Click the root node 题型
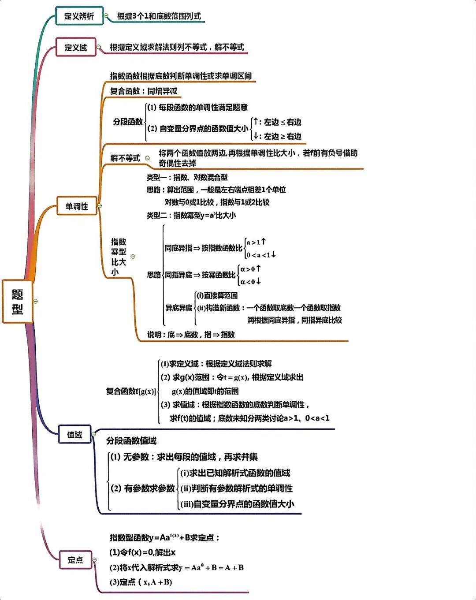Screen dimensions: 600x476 (17, 302)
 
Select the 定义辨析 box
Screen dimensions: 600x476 (79, 16)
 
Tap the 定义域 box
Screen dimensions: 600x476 (76, 47)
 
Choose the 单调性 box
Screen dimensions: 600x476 (77, 206)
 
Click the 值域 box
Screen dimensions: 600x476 (74, 435)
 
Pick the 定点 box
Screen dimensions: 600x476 (75, 560)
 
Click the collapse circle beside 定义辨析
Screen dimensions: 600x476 (106, 16)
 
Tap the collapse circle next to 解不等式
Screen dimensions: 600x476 (147, 158)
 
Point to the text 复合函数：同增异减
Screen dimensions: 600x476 (144, 91)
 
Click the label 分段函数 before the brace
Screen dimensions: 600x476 (128, 122)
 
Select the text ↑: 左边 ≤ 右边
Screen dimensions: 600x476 (278, 122)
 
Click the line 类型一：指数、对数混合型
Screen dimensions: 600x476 (187, 177)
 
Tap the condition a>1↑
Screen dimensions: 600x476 (256, 242)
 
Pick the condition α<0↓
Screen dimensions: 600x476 (250, 281)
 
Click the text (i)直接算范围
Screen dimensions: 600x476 (217, 295)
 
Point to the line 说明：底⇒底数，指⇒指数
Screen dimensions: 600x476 (191, 335)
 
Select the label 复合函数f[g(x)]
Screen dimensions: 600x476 (130, 391)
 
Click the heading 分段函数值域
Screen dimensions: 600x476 (131, 441)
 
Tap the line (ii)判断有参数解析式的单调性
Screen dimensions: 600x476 (237, 488)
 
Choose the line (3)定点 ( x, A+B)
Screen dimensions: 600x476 (141, 582)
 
